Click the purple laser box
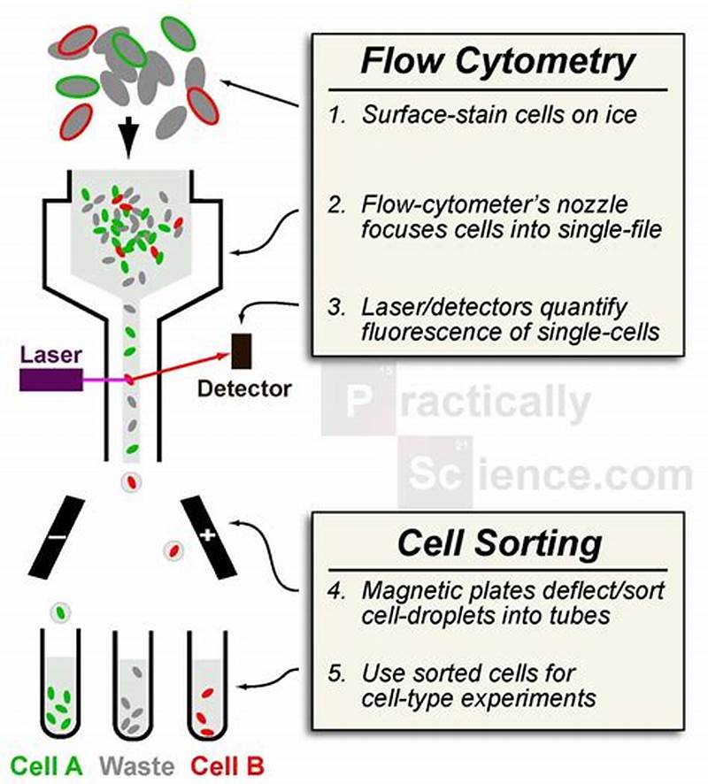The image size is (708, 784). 50,379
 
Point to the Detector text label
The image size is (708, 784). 243,388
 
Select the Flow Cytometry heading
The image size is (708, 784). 497,63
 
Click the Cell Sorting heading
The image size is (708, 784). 499,542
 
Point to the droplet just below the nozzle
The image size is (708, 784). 131,481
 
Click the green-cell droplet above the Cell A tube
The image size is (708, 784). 60,611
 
